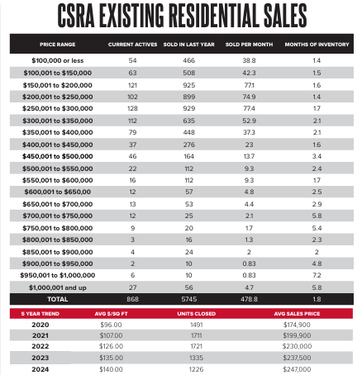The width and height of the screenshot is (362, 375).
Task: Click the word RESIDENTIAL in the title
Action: pyautogui.click(x=213, y=16)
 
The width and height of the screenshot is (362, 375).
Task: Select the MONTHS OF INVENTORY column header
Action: pyautogui.click(x=317, y=45)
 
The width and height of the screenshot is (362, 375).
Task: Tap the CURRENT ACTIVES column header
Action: pyautogui.click(x=132, y=45)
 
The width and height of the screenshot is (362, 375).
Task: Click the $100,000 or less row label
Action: pyautogui.click(x=58, y=60)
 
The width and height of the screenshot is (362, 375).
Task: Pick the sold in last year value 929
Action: pyautogui.click(x=189, y=108)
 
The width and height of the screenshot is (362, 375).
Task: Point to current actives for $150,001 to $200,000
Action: pyautogui.click(x=132, y=85)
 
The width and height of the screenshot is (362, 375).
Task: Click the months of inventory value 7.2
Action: pyautogui.click(x=317, y=275)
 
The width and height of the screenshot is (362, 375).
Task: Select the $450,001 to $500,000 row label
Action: pyautogui.click(x=58, y=156)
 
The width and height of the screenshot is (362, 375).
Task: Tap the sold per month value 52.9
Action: pyautogui.click(x=249, y=121)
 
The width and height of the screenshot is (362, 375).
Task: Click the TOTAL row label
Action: pyautogui.click(x=58, y=299)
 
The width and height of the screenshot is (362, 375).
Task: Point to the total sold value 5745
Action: pyautogui.click(x=189, y=299)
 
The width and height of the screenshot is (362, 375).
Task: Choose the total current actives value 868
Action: pyautogui.click(x=132, y=299)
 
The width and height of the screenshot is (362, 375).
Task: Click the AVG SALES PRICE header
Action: pyautogui.click(x=297, y=314)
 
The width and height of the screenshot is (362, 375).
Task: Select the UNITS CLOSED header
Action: pyautogui.click(x=197, y=314)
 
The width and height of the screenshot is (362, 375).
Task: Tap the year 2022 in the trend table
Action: pyautogui.click(x=40, y=346)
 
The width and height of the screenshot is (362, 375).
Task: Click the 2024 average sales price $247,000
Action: pyautogui.click(x=297, y=369)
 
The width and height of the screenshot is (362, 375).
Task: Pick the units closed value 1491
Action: pyautogui.click(x=197, y=325)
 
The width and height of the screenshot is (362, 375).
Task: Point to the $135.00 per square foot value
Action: pyautogui.click(x=111, y=358)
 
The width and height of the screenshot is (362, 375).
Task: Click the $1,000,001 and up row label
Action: pyautogui.click(x=58, y=287)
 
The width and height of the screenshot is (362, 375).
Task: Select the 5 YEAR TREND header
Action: pyautogui.click(x=40, y=314)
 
